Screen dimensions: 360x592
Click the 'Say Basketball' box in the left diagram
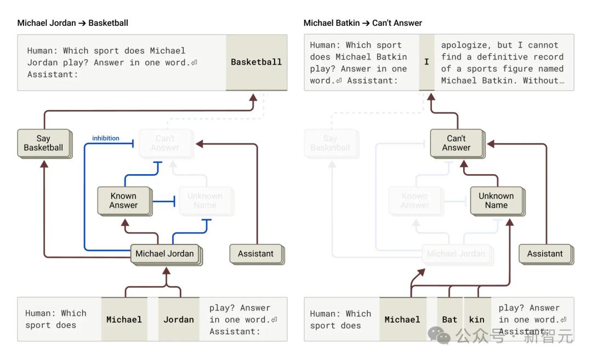tap(44, 143)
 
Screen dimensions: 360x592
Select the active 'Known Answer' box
tap(123, 201)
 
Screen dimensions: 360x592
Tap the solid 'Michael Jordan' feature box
tap(165, 254)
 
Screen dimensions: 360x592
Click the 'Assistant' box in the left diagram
tap(255, 254)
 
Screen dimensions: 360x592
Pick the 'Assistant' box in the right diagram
tap(545, 254)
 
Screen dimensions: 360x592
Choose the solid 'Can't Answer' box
tap(456, 143)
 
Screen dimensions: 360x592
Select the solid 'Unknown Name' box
tap(496, 201)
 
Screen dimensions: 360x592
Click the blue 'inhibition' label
tap(106, 138)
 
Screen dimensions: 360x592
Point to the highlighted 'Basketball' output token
tap(256, 62)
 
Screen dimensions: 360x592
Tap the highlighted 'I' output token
tap(426, 62)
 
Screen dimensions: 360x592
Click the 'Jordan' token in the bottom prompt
tap(179, 319)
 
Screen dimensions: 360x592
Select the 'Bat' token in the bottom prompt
tap(449, 319)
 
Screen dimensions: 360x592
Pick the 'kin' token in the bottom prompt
tap(477, 319)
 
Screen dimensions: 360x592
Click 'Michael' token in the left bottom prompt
tap(124, 319)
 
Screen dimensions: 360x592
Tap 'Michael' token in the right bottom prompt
tap(402, 319)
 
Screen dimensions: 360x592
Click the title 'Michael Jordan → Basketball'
tap(73, 23)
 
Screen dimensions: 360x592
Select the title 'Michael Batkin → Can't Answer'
tap(363, 23)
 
